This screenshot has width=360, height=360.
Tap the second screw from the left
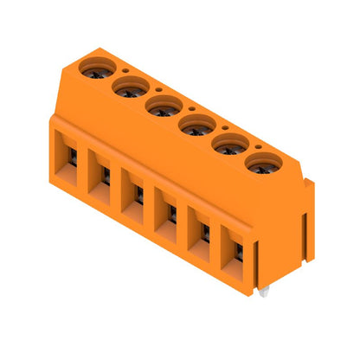tap(127, 86)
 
